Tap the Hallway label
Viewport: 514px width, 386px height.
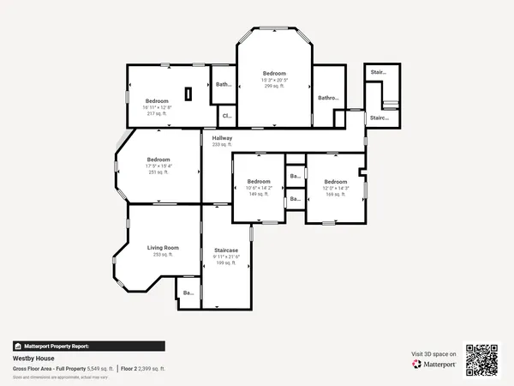pyautogui.click(x=222, y=138)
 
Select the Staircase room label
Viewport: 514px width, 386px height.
pyautogui.click(x=225, y=250)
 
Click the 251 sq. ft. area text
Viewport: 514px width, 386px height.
pyautogui.click(x=158, y=172)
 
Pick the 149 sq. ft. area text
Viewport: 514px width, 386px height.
pyautogui.click(x=259, y=194)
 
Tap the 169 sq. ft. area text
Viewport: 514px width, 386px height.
pyautogui.click(x=335, y=194)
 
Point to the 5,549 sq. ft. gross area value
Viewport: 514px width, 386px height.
pyautogui.click(x=99, y=368)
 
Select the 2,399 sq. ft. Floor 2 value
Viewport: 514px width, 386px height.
pyautogui.click(x=152, y=368)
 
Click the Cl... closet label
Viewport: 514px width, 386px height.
pyautogui.click(x=226, y=115)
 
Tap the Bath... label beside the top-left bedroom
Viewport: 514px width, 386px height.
pyautogui.click(x=224, y=84)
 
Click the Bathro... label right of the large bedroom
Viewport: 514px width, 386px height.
pyautogui.click(x=329, y=98)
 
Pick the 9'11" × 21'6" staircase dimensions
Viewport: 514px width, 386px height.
pyautogui.click(x=226, y=256)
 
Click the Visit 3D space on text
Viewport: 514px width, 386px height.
pyautogui.click(x=434, y=353)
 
